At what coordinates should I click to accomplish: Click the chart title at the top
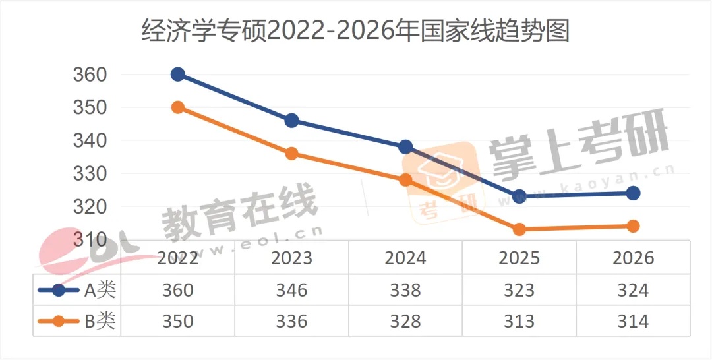tap(355, 31)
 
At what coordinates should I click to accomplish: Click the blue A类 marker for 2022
tap(178, 75)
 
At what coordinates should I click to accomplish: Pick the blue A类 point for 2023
tap(291, 121)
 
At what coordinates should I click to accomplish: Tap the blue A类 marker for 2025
tap(519, 196)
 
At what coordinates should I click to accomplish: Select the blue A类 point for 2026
tap(633, 193)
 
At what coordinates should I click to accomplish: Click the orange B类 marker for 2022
tap(178, 107)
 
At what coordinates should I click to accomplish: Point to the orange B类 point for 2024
tap(405, 180)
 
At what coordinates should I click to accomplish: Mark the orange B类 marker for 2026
tap(633, 226)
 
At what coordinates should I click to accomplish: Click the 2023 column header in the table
tap(291, 257)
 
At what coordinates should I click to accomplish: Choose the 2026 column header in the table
tap(633, 257)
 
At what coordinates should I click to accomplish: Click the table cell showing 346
tap(291, 289)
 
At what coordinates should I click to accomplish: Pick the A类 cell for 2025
tap(519, 289)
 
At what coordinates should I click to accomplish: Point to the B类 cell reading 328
tap(405, 321)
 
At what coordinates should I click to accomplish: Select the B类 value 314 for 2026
tap(633, 321)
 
